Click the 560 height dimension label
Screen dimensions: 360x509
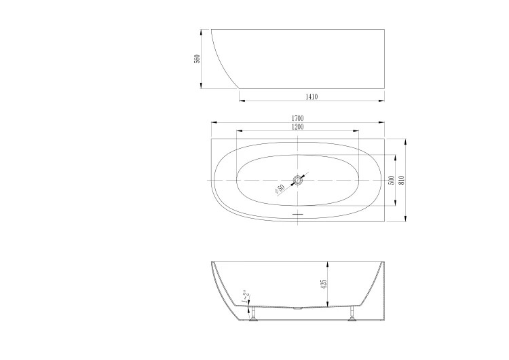click(x=197, y=59)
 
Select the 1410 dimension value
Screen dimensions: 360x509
click(x=312, y=97)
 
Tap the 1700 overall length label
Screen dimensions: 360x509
click(x=298, y=118)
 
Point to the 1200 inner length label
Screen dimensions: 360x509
click(x=297, y=127)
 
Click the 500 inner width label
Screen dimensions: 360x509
click(x=392, y=180)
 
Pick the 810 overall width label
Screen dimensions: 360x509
click(x=402, y=180)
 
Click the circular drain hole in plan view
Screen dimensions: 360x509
click(x=297, y=180)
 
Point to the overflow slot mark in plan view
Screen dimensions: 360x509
click(x=297, y=214)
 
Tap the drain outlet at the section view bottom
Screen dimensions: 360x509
click(x=296, y=307)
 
